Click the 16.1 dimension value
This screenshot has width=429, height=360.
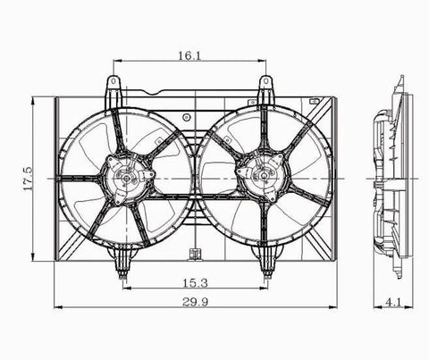coord(189,55)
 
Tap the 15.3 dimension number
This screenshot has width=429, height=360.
coord(195,283)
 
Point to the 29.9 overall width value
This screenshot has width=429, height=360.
coord(195,302)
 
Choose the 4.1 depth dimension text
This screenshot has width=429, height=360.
coord(393,303)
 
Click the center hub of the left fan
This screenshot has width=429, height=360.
coord(127,179)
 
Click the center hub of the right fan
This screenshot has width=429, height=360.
coord(264,176)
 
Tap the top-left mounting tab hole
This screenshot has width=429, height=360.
coord(114,80)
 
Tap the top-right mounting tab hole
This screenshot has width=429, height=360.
coord(265,80)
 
